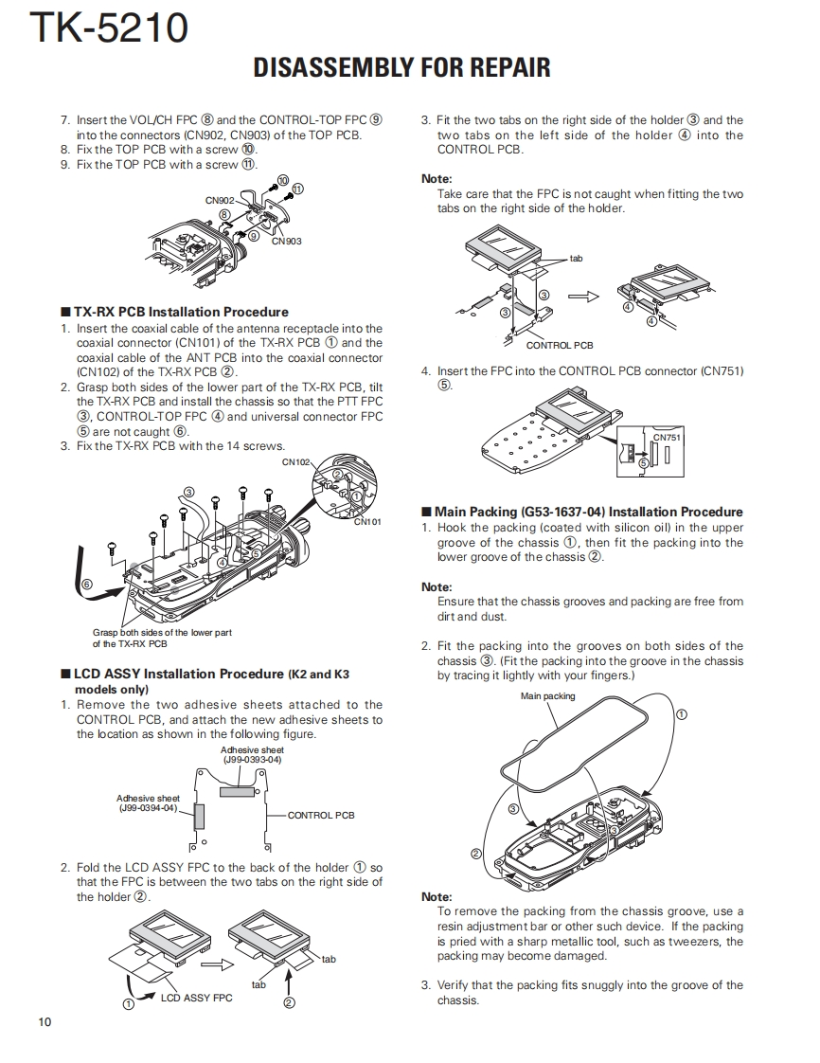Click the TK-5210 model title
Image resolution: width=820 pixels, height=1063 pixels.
coord(110,28)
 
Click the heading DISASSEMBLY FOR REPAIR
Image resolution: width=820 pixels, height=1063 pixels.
coord(401,67)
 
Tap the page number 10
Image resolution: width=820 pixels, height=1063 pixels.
coord(45,1021)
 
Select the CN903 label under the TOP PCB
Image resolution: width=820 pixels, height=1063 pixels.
coord(286,242)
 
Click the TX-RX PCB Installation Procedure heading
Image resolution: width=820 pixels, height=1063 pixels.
coord(181,312)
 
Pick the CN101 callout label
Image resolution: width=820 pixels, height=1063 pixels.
coord(367,521)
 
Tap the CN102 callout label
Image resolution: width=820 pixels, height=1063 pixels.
coord(295,462)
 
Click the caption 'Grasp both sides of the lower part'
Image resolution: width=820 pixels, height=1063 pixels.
coord(162,633)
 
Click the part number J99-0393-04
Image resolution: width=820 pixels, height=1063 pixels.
coord(252,759)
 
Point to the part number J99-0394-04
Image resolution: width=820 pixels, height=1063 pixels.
coord(148,808)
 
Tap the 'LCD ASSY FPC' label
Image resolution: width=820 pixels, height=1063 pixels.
coord(196,998)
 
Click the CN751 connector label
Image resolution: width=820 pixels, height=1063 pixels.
coord(667,437)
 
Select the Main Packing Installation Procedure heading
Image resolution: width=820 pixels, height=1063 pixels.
coord(588,512)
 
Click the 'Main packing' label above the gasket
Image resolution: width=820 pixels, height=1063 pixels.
coord(547,696)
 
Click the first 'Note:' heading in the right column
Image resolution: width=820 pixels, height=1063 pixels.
coord(437,179)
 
